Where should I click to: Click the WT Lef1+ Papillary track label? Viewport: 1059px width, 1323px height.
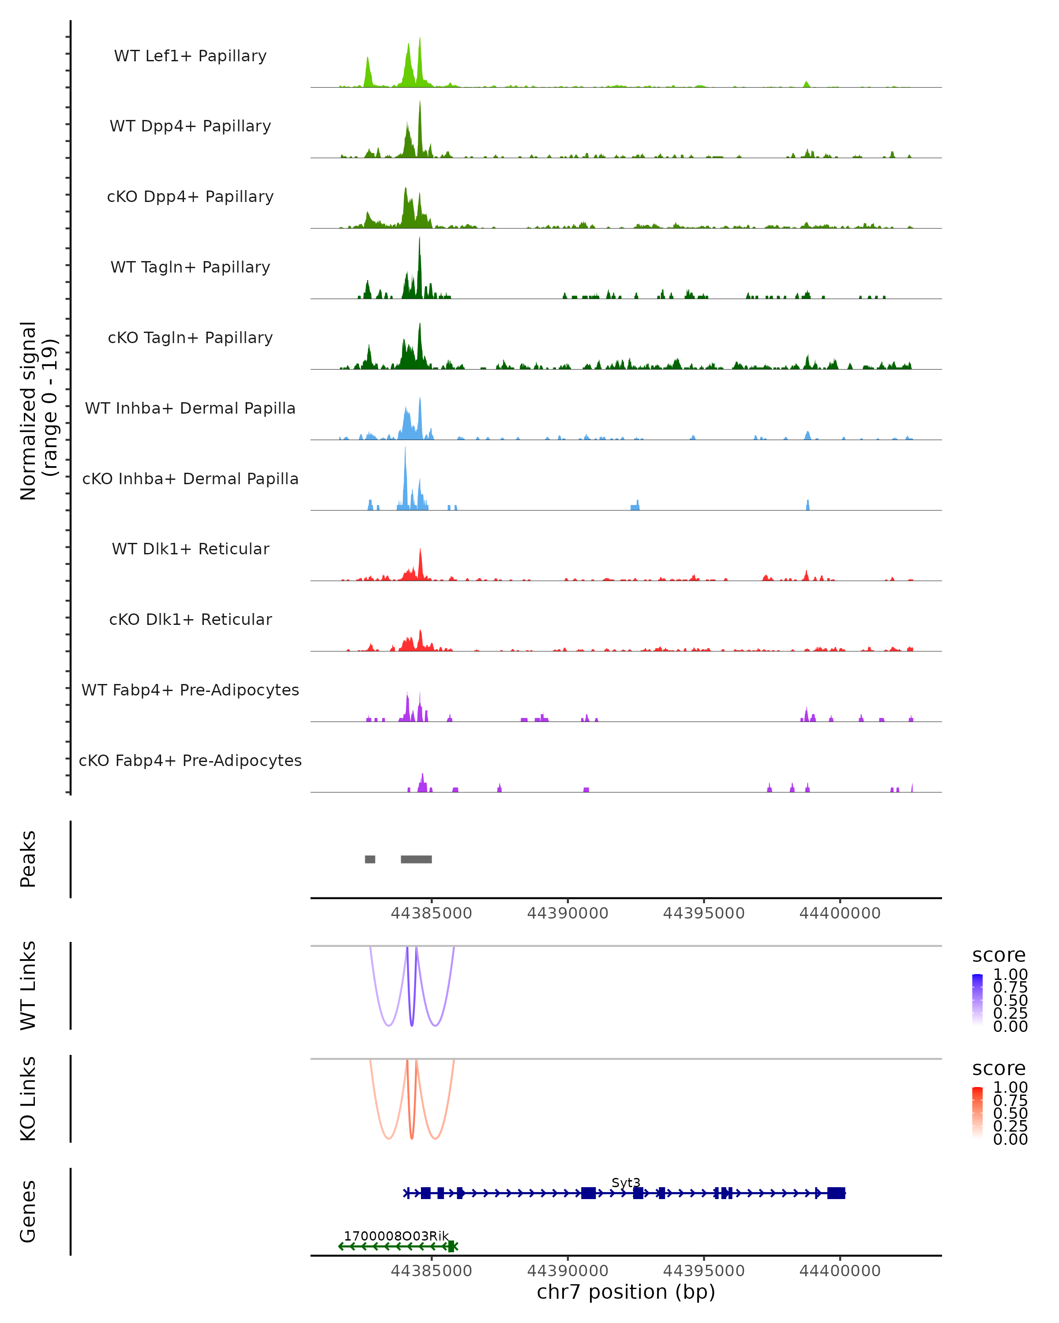click(190, 56)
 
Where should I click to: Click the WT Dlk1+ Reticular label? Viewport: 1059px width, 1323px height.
click(190, 549)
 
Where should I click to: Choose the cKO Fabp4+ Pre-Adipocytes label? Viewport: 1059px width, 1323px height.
click(190, 760)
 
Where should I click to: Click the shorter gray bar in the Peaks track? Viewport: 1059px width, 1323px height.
click(370, 859)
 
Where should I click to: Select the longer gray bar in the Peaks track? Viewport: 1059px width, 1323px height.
click(416, 859)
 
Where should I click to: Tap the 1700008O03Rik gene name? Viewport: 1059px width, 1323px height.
click(396, 1236)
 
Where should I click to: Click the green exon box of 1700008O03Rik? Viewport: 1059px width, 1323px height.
click(451, 1246)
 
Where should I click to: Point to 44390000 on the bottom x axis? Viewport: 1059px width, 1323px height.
click(567, 1271)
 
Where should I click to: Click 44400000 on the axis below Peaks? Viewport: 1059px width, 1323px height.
click(840, 913)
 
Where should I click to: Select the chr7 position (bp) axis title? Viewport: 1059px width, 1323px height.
click(626, 1292)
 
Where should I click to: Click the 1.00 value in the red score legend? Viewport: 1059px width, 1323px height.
click(1010, 1088)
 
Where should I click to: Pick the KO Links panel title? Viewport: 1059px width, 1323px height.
click(28, 1099)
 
